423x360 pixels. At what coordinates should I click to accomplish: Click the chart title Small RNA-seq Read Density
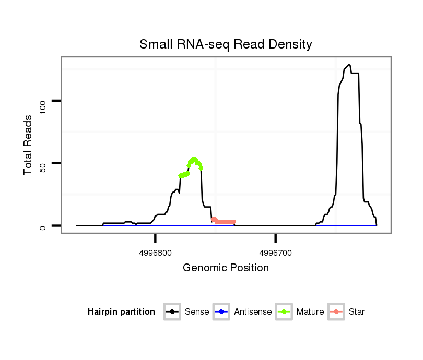point(226,44)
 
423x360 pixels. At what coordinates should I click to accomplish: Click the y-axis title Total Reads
point(29,145)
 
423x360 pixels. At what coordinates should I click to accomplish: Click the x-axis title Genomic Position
point(226,268)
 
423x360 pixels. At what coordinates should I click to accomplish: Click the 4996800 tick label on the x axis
point(156,253)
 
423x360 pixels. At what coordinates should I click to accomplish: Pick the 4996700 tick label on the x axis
point(276,253)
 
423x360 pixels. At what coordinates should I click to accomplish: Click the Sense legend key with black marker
point(172,312)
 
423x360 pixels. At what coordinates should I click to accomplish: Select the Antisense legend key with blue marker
point(221,312)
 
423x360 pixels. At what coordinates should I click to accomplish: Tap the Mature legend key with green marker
point(284,312)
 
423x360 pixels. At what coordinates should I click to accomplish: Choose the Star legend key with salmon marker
point(336,312)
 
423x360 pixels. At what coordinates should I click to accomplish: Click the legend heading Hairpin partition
point(121,312)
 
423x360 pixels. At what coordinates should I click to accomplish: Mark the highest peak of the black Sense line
point(348,65)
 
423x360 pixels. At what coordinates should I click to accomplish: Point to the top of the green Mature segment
point(194,159)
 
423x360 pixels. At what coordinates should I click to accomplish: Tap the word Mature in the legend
point(310,312)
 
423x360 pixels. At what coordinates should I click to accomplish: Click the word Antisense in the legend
point(253,312)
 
